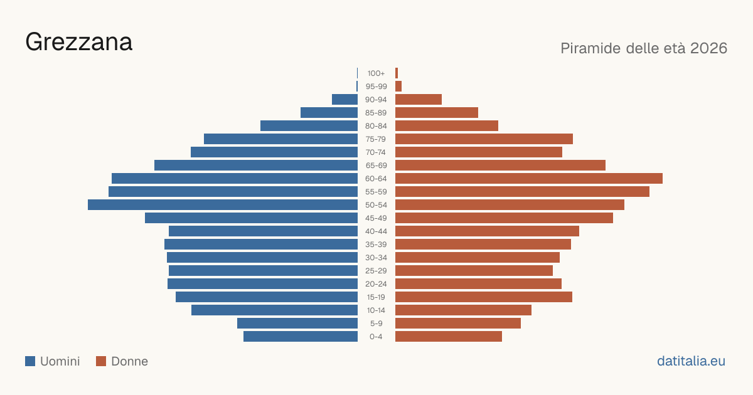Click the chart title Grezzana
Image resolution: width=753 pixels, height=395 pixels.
click(x=79, y=43)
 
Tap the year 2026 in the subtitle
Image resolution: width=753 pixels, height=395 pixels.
click(x=708, y=48)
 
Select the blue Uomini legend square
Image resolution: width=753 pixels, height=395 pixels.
click(x=30, y=361)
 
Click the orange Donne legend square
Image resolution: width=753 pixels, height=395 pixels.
click(x=101, y=361)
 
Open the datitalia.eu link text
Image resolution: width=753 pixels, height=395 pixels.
click(x=691, y=361)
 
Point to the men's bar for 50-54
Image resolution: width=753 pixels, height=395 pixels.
click(x=223, y=205)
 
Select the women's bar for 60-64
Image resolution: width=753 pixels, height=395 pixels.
click(x=529, y=178)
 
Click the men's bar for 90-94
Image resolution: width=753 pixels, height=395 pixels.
click(x=344, y=100)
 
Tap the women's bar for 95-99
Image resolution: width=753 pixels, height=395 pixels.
click(x=398, y=87)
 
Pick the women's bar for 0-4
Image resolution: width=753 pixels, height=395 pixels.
click(x=449, y=337)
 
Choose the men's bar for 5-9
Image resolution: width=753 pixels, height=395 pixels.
click(x=297, y=324)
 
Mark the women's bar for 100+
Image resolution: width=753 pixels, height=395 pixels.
click(x=397, y=73)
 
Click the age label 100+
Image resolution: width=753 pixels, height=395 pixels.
click(x=376, y=73)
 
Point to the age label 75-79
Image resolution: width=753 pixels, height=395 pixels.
click(x=376, y=139)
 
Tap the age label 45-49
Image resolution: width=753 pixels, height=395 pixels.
click(x=376, y=218)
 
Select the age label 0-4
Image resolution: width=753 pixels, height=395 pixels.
click(x=376, y=337)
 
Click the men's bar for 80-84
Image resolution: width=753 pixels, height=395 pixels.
click(x=309, y=126)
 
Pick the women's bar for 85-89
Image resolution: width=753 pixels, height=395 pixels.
click(x=437, y=112)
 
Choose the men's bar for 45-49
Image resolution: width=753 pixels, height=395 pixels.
click(x=251, y=218)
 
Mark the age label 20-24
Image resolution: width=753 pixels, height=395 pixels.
click(x=376, y=284)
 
